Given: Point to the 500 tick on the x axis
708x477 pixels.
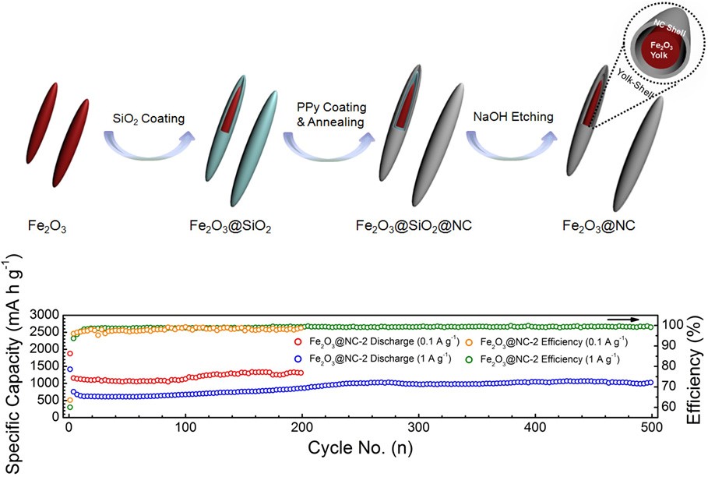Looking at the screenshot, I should click(x=652, y=429).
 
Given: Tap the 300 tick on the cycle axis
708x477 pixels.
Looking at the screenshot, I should click(x=419, y=429).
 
